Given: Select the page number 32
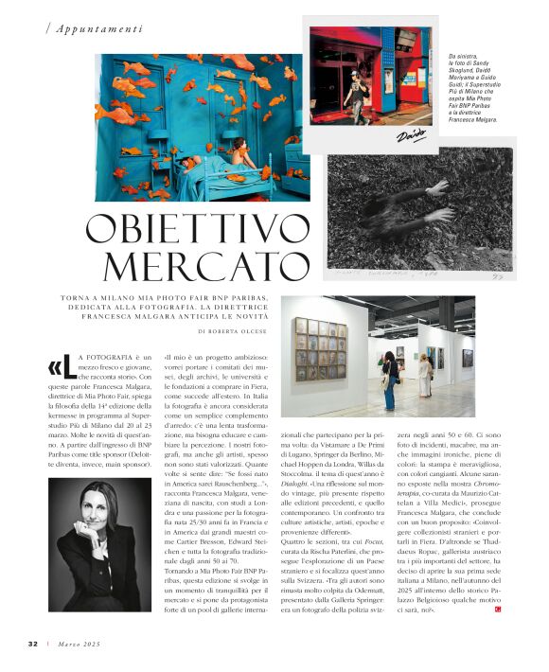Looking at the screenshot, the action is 32,644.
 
